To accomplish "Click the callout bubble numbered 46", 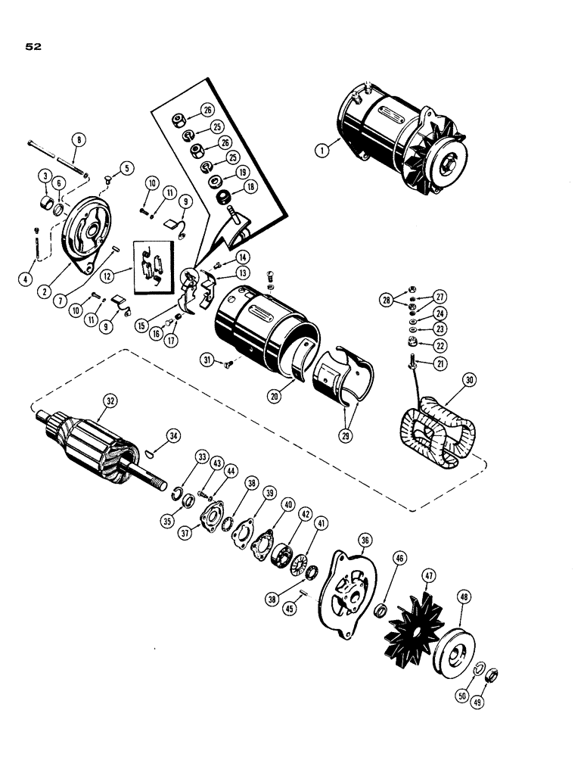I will click(399, 559).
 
